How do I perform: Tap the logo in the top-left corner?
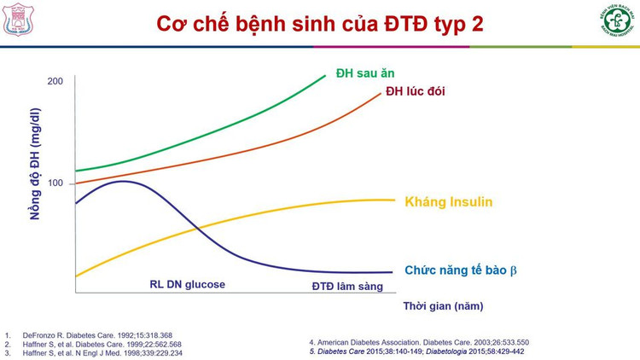[18, 20]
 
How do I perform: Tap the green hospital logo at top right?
[618, 20]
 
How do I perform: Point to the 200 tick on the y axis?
[55, 81]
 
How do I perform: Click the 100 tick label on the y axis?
[55, 183]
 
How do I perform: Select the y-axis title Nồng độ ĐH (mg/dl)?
[36, 164]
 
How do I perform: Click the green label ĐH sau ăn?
[365, 73]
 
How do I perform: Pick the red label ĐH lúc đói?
[416, 91]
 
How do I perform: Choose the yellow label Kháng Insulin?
[449, 202]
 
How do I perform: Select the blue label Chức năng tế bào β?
[461, 270]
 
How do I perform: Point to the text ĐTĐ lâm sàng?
[347, 287]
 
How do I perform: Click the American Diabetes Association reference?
[419, 342]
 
